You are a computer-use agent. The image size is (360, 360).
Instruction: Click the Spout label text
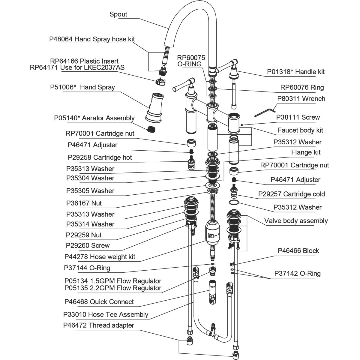(118, 14)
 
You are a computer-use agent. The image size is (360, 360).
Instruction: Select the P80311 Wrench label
(301, 99)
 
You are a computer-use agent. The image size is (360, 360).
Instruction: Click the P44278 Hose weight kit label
(100, 257)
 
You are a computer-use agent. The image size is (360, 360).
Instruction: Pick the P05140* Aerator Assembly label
(94, 118)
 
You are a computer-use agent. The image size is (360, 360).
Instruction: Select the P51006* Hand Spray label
(82, 87)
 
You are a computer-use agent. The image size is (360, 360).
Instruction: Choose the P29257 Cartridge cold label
(292, 194)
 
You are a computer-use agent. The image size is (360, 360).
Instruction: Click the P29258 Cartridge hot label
(100, 157)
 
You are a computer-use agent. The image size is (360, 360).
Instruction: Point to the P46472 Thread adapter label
(99, 325)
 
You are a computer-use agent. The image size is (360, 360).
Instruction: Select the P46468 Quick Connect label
(99, 302)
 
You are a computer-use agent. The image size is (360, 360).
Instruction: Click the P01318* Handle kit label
(296, 72)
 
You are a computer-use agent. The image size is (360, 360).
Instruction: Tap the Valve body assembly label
(296, 221)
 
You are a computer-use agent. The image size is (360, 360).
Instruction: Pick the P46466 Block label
(298, 251)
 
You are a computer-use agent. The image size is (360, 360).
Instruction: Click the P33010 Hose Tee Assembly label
(106, 314)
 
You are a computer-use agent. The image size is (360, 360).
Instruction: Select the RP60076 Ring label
(302, 88)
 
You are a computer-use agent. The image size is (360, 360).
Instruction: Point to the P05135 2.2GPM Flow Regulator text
(113, 288)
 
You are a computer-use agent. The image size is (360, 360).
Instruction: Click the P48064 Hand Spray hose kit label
(92, 39)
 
